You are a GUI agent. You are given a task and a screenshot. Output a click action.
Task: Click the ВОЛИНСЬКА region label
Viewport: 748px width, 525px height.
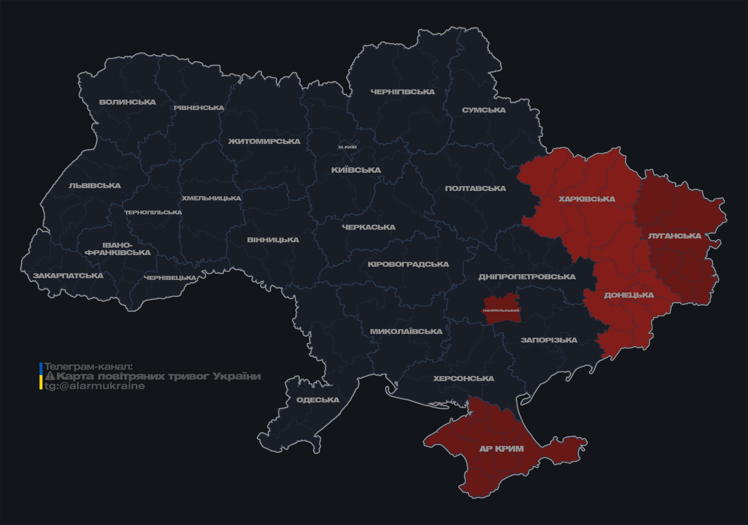coord(128,102)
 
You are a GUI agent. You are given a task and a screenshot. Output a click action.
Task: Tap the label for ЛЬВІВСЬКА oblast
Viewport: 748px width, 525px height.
coord(95,186)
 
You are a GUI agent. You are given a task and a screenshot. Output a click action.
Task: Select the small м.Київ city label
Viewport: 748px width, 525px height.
coord(347,147)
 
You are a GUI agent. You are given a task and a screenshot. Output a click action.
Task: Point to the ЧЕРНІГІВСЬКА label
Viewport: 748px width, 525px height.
coord(403,92)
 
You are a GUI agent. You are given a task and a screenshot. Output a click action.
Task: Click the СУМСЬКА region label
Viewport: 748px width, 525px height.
coord(484,110)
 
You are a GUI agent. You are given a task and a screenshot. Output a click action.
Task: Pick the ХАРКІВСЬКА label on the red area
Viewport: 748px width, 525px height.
coord(587,199)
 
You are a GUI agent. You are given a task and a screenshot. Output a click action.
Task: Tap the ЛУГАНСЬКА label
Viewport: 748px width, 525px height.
coord(674,236)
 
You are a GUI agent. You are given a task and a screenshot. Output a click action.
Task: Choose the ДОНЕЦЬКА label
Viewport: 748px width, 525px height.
coord(629,295)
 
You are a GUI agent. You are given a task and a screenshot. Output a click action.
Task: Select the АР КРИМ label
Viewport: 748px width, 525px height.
coord(501,449)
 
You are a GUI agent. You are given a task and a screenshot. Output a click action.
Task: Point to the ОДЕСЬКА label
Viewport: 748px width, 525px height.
coord(318,400)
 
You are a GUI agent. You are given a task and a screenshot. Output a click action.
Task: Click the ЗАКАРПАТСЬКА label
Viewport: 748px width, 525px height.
coord(68,276)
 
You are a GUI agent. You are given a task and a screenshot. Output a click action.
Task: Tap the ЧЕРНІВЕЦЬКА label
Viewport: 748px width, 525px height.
coord(170,278)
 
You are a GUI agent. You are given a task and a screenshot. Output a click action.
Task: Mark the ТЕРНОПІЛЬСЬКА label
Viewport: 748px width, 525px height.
coord(153,212)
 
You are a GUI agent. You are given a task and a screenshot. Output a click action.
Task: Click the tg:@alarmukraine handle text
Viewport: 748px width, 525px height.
coord(94,386)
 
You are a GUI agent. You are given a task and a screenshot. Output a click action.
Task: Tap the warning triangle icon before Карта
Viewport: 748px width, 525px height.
coord(50,376)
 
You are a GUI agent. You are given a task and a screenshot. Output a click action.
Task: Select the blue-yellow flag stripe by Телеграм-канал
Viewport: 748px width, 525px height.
coord(41,376)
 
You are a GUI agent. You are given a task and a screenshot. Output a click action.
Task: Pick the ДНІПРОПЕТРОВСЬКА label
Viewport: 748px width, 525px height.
coord(527,277)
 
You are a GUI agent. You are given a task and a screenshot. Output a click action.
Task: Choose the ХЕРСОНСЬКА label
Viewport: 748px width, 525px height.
coord(463,378)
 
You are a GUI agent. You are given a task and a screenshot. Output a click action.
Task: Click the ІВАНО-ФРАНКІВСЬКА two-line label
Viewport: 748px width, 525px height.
coord(118,249)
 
